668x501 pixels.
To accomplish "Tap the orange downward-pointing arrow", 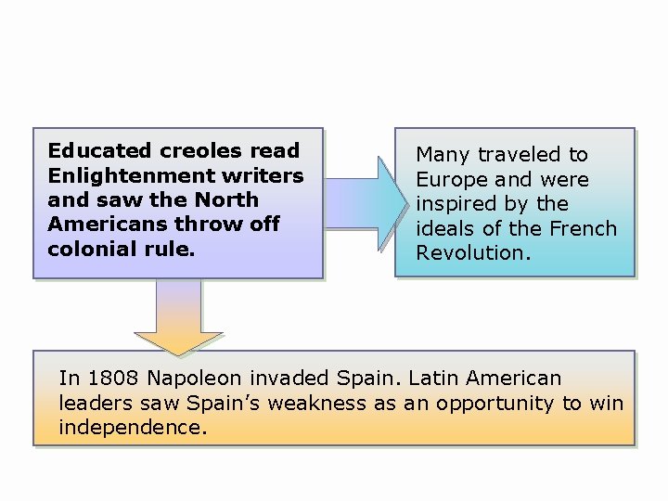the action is [x=178, y=321].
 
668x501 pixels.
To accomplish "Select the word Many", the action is [x=443, y=155].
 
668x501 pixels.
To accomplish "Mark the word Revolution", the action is [x=473, y=253].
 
